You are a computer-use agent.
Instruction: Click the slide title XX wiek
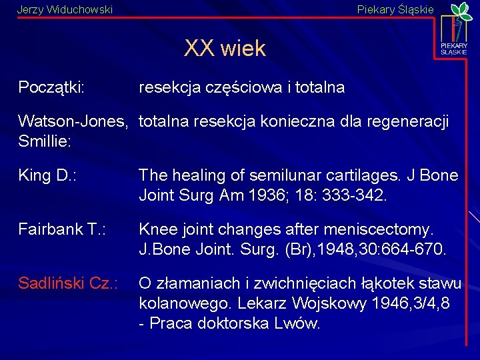pos(225,49)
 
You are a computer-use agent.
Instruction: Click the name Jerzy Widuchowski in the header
pos(65,10)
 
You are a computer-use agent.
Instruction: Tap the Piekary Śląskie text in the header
pos(395,10)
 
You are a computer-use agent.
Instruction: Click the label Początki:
pos(55,87)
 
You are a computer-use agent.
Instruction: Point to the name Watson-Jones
pos(73,122)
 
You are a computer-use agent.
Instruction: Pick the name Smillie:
pos(45,141)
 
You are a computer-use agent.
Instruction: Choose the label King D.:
pos(47,176)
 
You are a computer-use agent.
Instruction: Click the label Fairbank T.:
pos(66,230)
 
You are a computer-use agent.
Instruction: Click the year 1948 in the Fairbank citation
pos(354,249)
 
